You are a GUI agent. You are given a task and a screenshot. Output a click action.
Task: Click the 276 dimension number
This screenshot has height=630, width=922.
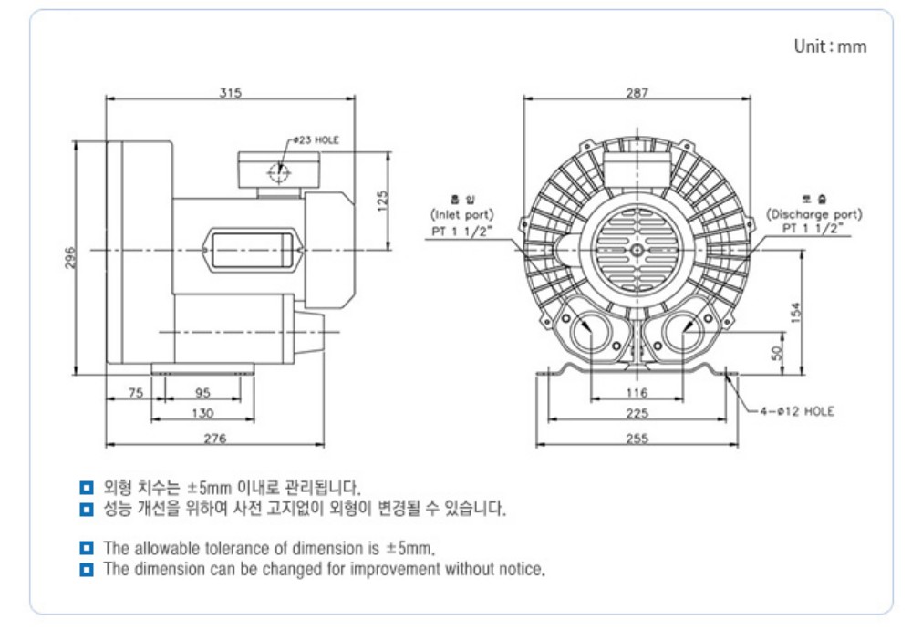coord(215,438)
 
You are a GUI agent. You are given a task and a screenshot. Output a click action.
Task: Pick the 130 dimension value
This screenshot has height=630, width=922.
coord(202,413)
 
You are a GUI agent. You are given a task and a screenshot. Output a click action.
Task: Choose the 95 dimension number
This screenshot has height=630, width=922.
coord(202,393)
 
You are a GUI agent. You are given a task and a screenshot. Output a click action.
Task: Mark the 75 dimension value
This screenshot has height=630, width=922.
coord(135,393)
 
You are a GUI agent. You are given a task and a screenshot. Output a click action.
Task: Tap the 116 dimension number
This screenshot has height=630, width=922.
coord(637,393)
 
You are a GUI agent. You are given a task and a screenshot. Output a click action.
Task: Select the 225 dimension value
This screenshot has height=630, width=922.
coord(637,413)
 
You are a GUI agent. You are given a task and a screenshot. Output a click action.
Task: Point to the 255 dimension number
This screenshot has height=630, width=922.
coord(637,438)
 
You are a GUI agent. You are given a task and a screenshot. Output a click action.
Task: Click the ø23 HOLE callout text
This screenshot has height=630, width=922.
coord(316,141)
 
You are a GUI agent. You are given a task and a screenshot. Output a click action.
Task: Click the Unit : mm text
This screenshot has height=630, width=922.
coord(830,46)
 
